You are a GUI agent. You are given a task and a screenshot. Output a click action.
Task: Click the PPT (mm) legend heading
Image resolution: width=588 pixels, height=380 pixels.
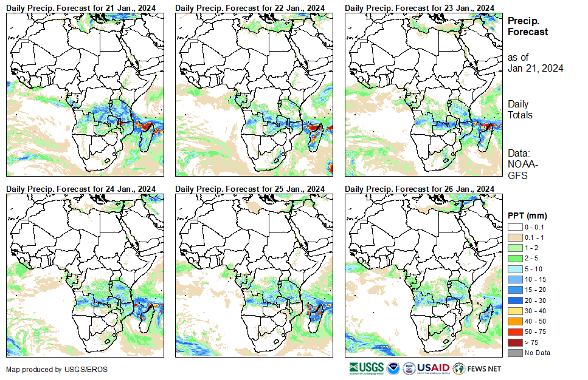click(527, 215)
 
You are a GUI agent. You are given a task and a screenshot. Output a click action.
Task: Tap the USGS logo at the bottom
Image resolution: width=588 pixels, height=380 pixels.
click(366, 368)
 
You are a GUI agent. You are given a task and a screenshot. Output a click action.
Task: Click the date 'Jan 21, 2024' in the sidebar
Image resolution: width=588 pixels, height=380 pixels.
click(535, 68)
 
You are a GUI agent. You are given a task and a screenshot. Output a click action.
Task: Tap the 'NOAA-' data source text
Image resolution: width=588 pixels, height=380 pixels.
click(521, 164)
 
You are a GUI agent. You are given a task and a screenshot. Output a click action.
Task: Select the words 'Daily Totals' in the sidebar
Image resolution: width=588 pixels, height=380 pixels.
click(521, 109)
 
